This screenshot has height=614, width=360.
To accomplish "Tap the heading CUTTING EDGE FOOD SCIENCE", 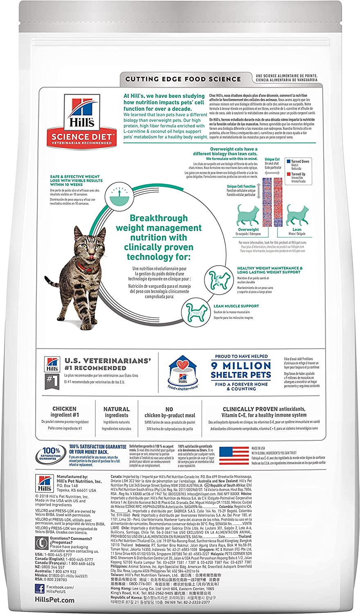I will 183,79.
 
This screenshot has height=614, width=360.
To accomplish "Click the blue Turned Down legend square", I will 288,162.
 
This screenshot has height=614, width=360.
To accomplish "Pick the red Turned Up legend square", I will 288,174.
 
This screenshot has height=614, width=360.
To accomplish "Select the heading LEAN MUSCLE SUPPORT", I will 236,306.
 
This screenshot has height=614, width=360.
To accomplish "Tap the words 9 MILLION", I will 241,366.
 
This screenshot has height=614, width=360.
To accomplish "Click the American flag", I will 234,455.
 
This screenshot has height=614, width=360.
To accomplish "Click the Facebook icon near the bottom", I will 40,589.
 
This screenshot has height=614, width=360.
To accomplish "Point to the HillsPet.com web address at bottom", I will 55,600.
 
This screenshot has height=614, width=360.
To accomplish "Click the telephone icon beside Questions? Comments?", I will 40,543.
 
